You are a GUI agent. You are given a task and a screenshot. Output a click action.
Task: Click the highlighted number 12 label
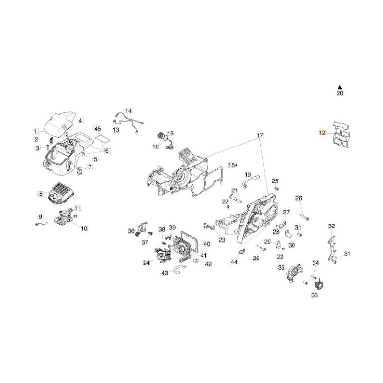coord(322,133)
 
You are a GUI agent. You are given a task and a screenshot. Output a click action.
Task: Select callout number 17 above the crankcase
coord(260,136)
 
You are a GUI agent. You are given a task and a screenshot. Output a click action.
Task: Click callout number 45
coord(98,129)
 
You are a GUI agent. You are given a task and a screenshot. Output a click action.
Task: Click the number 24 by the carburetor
coord(146,262)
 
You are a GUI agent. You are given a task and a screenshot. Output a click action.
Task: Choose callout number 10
coord(84,229)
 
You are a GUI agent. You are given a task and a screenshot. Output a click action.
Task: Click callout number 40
coord(207,244)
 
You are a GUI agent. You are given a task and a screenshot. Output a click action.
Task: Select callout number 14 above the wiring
coord(128,111)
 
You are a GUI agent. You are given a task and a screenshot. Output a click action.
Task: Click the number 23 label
coord(222,240)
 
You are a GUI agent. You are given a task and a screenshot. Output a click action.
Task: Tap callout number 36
coord(131,231)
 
